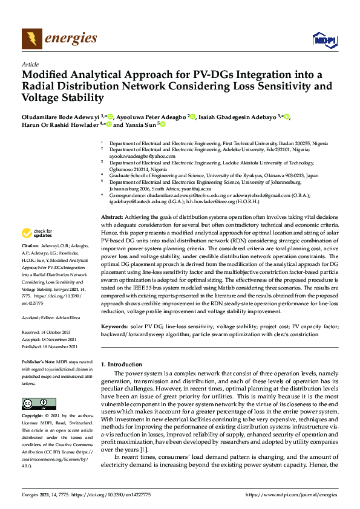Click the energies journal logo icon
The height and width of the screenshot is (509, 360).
point(31,39)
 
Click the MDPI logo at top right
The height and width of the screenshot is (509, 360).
point(324,40)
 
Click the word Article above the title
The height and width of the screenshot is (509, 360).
point(30,63)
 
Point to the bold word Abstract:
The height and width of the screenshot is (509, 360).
point(112,216)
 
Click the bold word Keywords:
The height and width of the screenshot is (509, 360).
point(114,326)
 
